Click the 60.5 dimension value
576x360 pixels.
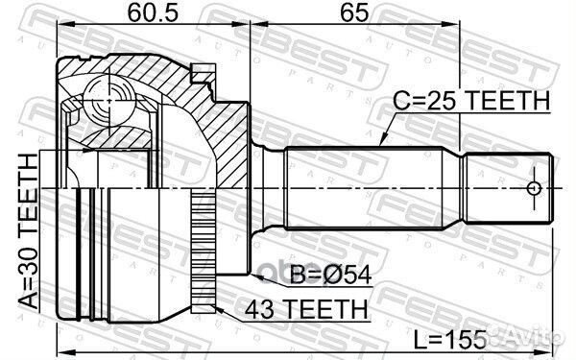[153, 12]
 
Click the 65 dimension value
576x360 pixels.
[354, 12]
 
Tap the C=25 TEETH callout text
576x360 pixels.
[471, 101]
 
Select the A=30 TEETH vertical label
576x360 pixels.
[28, 231]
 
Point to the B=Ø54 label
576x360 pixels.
[330, 275]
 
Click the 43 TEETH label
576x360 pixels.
[306, 309]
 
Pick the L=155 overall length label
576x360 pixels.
[449, 340]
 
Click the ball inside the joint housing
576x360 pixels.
[108, 99]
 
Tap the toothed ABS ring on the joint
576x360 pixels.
[204, 250]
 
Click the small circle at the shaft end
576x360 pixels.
[534, 188]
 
